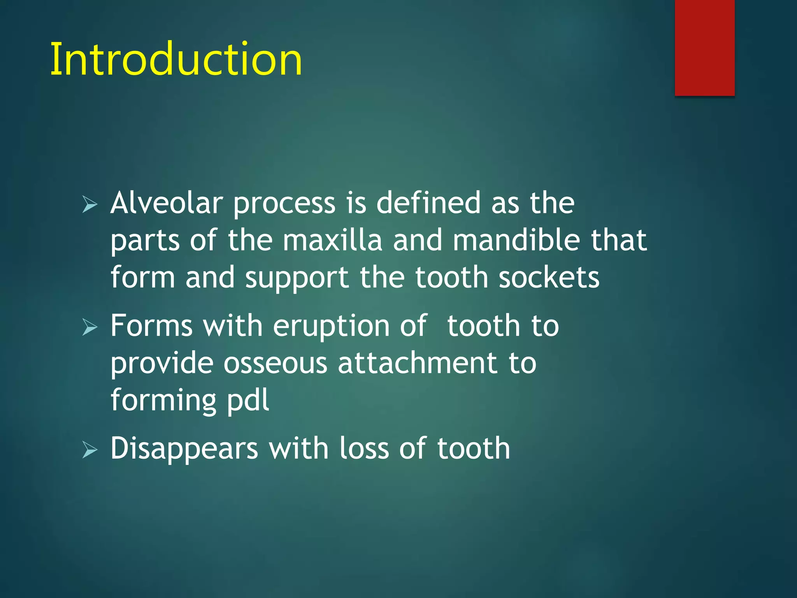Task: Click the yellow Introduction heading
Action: coord(176,59)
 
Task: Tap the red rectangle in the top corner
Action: coord(704,47)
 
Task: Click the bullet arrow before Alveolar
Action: coord(90,204)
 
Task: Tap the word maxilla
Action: coord(332,240)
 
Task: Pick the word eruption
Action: coord(331,326)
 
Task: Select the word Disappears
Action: coord(184,448)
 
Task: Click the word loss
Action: coord(364,448)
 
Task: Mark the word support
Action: coord(297,278)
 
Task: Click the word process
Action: coord(284,204)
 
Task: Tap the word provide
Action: coord(162,363)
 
